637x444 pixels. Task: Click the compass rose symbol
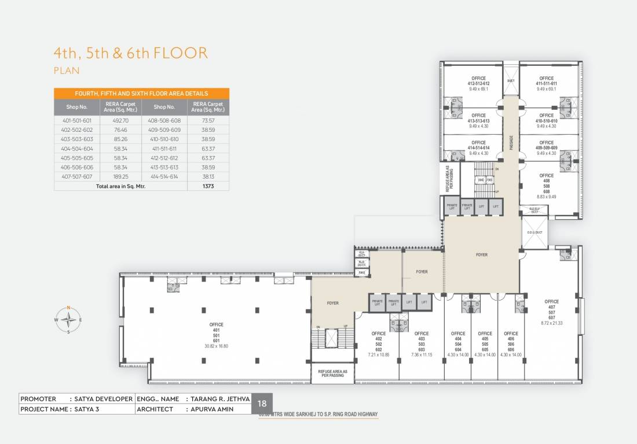(x=68, y=319)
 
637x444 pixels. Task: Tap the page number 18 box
(x=262, y=404)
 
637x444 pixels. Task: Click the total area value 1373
(x=208, y=186)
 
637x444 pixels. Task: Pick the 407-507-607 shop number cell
(x=76, y=176)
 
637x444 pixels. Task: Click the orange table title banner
(x=141, y=93)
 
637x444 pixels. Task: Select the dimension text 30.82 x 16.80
(x=217, y=346)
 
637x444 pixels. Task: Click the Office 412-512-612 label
(x=478, y=81)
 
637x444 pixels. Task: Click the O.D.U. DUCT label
(x=535, y=232)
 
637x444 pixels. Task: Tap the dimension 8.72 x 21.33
(x=551, y=323)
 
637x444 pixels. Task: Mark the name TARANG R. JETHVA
(x=218, y=399)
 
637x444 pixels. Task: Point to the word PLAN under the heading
(x=66, y=71)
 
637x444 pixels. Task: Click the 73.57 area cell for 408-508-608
(x=208, y=121)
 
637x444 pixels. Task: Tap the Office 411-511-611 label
(x=546, y=81)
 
